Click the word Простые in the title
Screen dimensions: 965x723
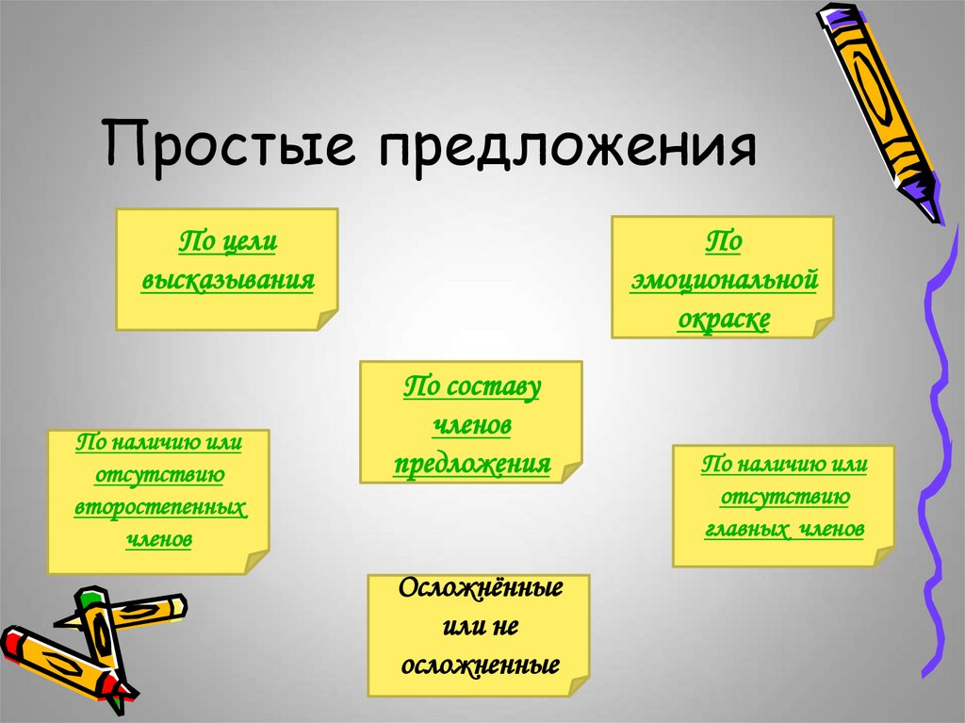tap(230, 143)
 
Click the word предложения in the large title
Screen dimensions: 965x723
tap(567, 148)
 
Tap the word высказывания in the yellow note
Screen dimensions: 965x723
tap(228, 281)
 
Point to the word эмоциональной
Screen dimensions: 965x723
tap(725, 280)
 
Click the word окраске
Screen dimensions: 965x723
tap(724, 320)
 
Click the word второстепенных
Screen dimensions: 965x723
tap(160, 509)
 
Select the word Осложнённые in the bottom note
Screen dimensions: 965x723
tap(481, 587)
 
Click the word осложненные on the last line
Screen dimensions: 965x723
tap(480, 665)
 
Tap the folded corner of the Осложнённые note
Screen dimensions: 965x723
tap(580, 685)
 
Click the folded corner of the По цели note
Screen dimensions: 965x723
tap(328, 320)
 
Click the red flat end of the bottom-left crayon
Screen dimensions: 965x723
tap(8, 644)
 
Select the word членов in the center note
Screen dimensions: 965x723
tap(472, 426)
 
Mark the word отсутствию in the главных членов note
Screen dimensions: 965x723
tap(785, 497)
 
